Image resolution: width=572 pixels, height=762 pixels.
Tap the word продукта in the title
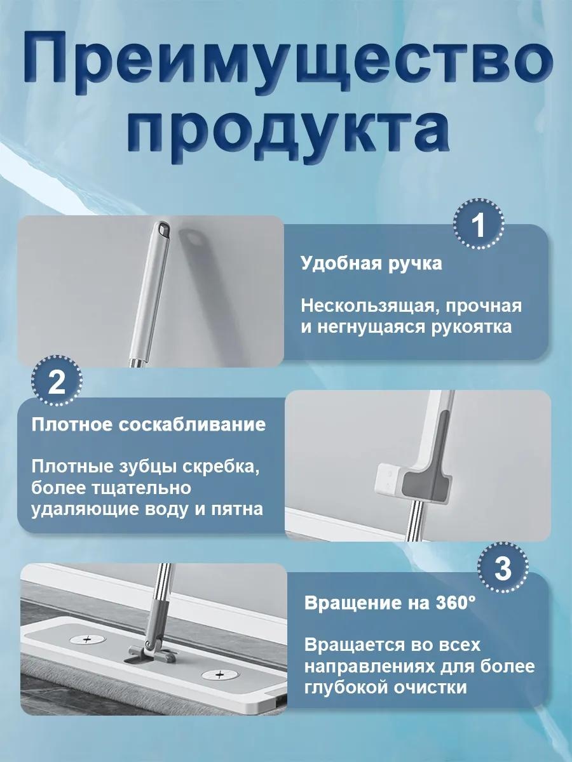288,132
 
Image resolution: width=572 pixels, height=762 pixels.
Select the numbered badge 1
479,225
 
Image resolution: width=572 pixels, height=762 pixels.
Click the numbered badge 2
57,381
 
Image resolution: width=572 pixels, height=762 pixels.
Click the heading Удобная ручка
371,264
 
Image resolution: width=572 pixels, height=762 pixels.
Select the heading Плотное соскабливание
148,425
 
